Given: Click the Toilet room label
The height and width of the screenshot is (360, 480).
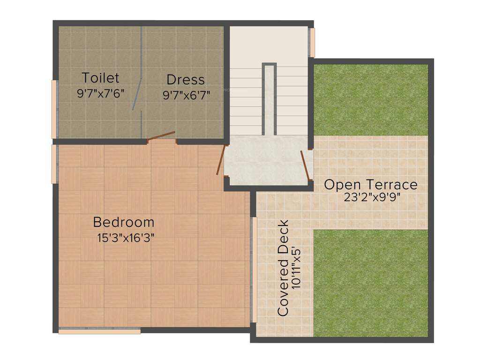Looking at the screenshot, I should pyautogui.click(x=100, y=77).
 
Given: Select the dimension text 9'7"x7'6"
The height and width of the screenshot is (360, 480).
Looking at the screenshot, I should pyautogui.click(x=100, y=93).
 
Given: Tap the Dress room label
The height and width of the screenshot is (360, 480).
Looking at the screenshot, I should pyautogui.click(x=186, y=79).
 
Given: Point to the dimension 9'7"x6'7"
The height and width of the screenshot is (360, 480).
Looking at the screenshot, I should pyautogui.click(x=186, y=95).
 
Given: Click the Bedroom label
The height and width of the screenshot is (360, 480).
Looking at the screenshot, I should pyautogui.click(x=124, y=222).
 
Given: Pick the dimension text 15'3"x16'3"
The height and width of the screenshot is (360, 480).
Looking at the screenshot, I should pyautogui.click(x=126, y=238).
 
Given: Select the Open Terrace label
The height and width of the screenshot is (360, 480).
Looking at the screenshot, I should pyautogui.click(x=370, y=184).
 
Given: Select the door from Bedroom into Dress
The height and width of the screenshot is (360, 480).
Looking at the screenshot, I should pyautogui.click(x=161, y=136).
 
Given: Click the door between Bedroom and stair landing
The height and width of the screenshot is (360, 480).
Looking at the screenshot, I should pyautogui.click(x=221, y=159).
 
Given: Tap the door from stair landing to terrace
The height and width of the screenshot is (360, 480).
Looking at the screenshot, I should pyautogui.click(x=305, y=165).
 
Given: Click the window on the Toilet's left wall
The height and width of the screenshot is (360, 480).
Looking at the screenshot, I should pyautogui.click(x=54, y=109).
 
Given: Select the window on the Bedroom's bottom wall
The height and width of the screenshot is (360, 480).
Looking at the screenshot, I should pyautogui.click(x=99, y=331).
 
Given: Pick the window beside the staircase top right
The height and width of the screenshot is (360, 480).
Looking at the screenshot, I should pyautogui.click(x=312, y=42).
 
